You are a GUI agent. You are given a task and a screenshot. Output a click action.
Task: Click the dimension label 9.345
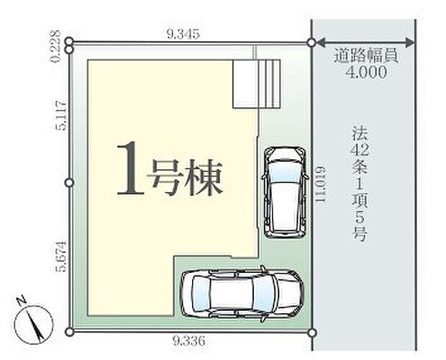tap(183, 33)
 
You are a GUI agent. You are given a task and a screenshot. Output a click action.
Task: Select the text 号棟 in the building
tap(185, 174)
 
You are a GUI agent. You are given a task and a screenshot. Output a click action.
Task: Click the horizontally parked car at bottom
tap(240, 292)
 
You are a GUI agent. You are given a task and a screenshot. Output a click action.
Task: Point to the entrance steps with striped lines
tap(256, 84)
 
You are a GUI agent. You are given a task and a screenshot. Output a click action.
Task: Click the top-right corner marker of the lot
tap(311, 43)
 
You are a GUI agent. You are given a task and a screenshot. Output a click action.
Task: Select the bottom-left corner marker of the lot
tap(69, 331)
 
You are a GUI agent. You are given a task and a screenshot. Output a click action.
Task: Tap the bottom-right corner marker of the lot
tap(311, 331)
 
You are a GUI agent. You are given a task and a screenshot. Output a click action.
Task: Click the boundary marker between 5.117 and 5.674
tap(69, 183)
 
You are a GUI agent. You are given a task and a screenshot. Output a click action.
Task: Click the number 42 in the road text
tap(360, 151)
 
